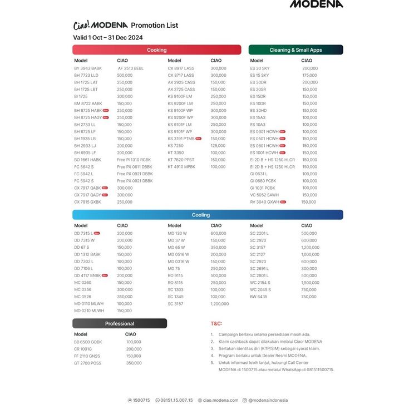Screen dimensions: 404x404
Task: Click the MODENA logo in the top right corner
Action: point(316,4)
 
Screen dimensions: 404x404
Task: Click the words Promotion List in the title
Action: point(154,25)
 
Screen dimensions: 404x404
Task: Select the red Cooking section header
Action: point(157,50)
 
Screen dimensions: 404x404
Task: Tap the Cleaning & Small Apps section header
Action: point(295,50)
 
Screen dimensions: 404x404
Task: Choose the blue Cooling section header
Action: point(201,215)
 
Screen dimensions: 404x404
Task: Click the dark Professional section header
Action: point(120,323)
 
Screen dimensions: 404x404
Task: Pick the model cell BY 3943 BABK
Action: point(88,68)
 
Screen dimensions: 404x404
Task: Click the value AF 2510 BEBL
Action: point(131,68)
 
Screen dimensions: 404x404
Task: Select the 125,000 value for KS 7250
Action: point(218,145)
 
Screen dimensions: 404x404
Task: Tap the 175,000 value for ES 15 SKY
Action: point(309,75)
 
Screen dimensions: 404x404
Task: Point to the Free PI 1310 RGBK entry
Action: point(134,160)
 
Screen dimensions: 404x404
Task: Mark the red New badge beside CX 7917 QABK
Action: point(105,188)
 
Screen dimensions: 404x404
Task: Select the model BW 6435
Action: point(259,297)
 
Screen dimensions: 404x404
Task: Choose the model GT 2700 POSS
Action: point(88,363)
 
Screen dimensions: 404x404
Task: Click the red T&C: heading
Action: point(216,323)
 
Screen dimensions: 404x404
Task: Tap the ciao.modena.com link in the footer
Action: point(220,400)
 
